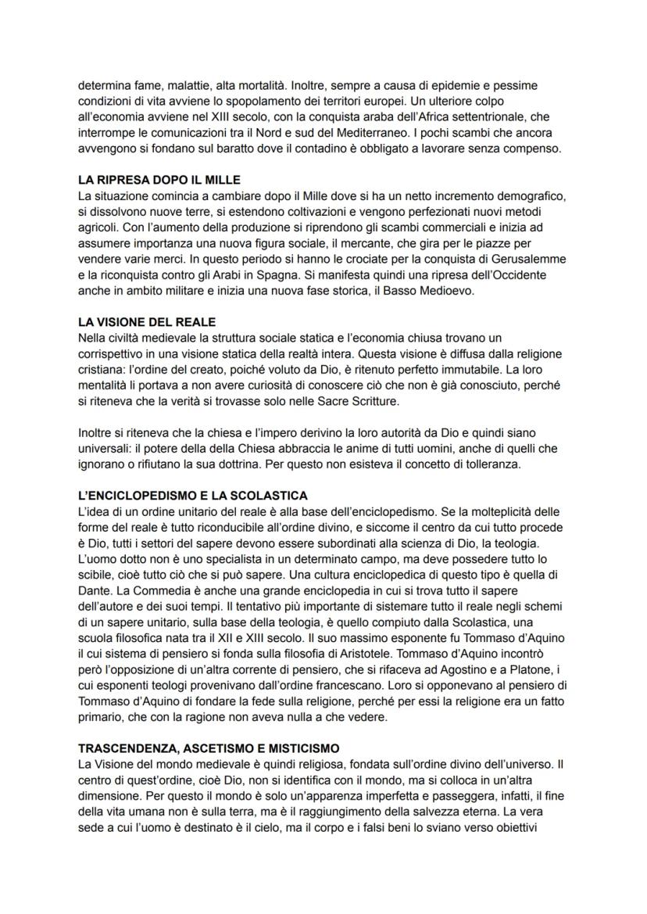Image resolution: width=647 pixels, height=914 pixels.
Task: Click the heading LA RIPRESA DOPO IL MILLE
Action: tap(159, 179)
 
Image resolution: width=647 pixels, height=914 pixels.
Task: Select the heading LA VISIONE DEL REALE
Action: tap(148, 322)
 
